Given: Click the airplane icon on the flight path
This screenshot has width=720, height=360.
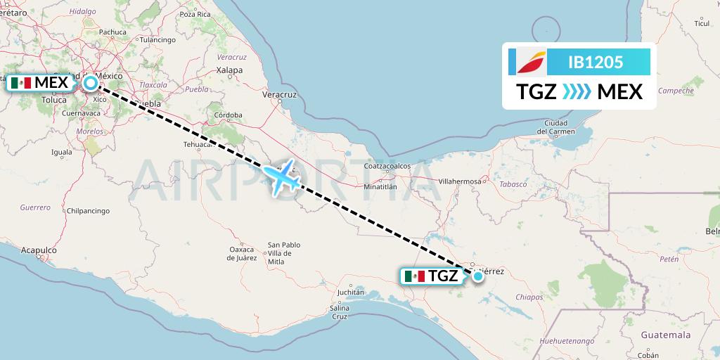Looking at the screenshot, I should tap(281, 179).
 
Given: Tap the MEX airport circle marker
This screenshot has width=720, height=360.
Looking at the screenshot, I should tap(91, 83).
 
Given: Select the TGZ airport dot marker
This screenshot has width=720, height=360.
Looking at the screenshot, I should tap(478, 276).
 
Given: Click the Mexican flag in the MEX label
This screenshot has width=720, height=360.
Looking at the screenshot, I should tap(22, 83).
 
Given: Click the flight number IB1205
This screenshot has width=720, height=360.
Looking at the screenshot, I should tap(595, 62).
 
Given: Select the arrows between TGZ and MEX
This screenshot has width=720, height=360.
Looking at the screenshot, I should tap(577, 92).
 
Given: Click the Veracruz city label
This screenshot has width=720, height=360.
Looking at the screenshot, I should tap(277, 93).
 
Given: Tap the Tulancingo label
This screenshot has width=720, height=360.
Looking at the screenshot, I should tap(157, 40).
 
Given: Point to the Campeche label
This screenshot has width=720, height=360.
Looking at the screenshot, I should tap(676, 90).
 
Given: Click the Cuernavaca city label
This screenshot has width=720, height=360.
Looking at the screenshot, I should tap(82, 112).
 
